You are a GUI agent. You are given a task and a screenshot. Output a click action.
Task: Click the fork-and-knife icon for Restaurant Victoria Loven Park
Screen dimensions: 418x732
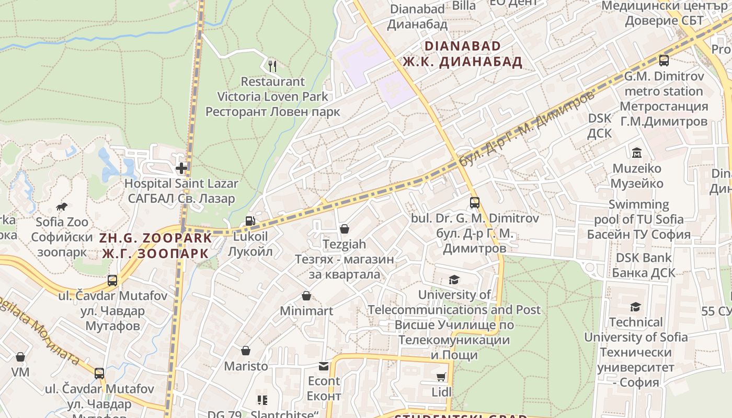[x=272, y=66]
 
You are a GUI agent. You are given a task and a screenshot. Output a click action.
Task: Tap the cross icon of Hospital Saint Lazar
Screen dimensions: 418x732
[x=181, y=168]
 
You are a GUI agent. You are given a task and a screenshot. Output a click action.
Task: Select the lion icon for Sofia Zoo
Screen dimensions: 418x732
[x=62, y=207]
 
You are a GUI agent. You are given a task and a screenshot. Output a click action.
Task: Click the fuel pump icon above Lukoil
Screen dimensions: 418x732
[x=250, y=221]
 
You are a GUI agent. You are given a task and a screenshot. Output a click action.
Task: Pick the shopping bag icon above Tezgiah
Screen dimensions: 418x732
[x=344, y=229]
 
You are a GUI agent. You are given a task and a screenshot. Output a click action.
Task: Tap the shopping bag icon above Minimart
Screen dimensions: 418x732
[x=306, y=296]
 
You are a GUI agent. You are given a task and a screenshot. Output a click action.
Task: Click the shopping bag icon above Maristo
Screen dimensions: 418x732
[x=246, y=351]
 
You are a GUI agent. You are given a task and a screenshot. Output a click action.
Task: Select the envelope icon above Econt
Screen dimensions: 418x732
[x=324, y=366]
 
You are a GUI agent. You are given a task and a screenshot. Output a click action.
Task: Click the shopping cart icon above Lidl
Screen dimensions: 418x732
[x=441, y=377]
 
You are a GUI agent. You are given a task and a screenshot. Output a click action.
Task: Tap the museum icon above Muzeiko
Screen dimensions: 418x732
[x=637, y=153]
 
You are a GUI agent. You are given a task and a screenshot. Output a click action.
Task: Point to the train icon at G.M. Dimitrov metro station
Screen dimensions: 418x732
[x=664, y=61]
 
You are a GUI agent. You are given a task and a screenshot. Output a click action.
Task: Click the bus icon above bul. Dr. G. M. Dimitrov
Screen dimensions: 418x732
[x=474, y=203]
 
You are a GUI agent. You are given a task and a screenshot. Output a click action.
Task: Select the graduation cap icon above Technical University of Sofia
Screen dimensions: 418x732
[x=635, y=307]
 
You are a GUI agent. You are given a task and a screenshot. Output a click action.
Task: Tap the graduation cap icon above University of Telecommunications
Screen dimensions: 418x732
[x=454, y=280]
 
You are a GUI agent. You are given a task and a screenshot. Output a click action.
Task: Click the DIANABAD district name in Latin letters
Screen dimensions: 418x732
[x=462, y=46]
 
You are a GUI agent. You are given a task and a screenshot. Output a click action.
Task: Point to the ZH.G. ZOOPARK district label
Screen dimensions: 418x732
[x=156, y=238]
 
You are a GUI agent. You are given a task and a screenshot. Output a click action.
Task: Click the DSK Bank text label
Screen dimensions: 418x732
[x=643, y=258]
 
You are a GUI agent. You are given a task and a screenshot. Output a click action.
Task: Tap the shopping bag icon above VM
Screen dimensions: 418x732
[x=20, y=357]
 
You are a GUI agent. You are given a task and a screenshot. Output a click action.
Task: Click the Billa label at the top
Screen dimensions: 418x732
[x=464, y=6]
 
